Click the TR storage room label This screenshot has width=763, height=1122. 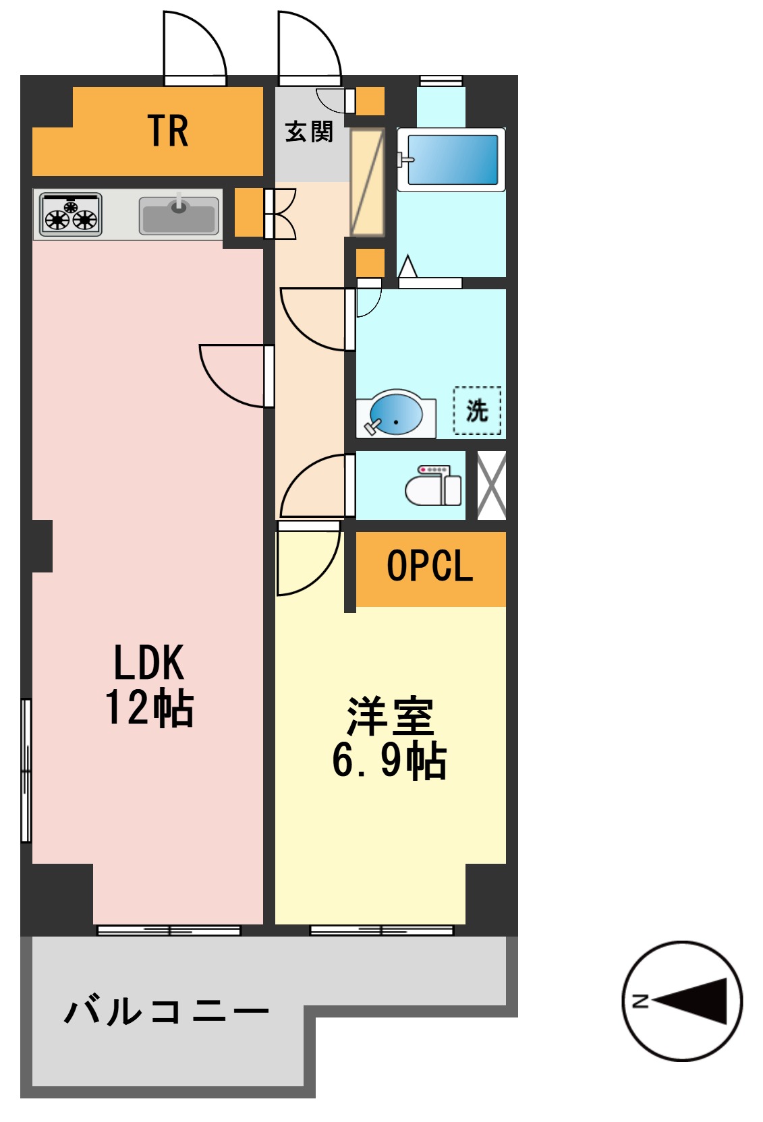click(167, 131)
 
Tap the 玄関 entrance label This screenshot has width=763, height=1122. click(309, 131)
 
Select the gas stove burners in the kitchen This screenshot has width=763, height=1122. click(70, 214)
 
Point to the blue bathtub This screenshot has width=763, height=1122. click(452, 160)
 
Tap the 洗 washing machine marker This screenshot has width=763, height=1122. click(477, 410)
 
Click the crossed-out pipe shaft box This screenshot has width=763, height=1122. click(491, 485)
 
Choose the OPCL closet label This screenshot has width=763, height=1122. click(430, 566)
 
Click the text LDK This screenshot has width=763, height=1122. click(148, 662)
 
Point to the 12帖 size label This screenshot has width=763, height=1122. click(149, 707)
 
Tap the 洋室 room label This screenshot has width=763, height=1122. click(390, 716)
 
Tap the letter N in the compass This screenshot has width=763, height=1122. click(640, 1001)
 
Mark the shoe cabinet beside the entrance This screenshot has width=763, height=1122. click(367, 182)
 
